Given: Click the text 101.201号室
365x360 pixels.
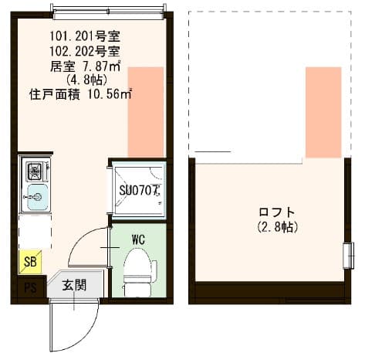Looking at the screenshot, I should (84, 36).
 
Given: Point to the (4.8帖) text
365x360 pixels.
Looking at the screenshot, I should (81, 80).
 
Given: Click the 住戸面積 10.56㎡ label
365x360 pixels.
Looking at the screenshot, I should (80, 94).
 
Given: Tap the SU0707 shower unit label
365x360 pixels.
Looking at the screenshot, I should (138, 188).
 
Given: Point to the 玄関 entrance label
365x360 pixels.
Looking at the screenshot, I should (74, 285).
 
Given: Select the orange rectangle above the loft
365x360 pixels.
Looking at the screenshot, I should (323, 112).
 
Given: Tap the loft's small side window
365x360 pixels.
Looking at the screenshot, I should (347, 254).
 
